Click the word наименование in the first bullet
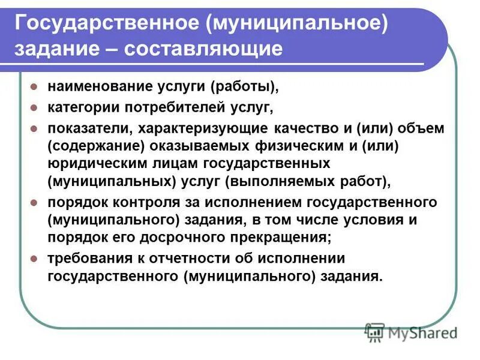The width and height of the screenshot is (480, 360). [97, 87]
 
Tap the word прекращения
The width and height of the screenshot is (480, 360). [284, 237]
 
